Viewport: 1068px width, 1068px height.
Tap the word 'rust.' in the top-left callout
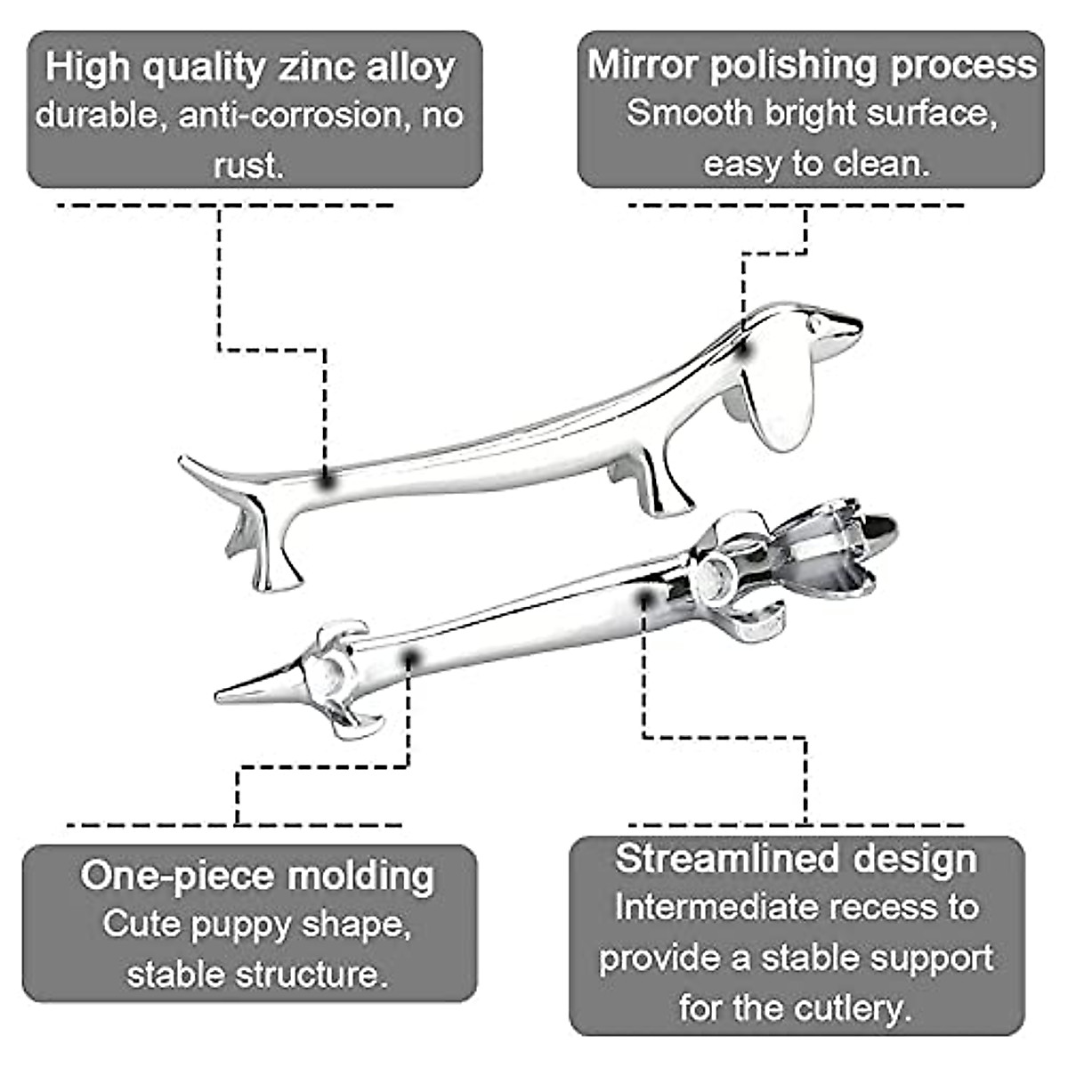pyautogui.click(x=248, y=165)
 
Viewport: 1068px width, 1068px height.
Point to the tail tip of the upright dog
pyautogui.click(x=184, y=460)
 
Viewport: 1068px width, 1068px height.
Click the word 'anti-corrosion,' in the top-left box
pyautogui.click(x=289, y=116)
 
